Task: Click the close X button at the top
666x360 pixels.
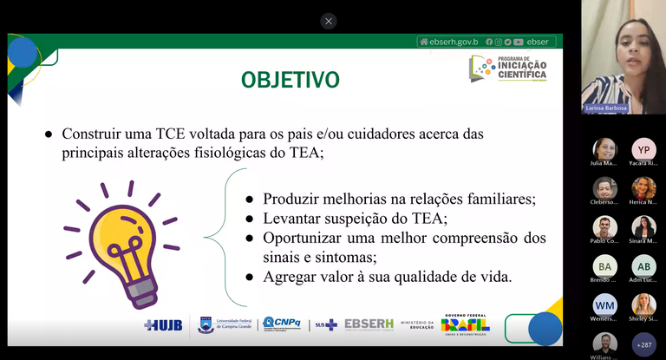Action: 328,21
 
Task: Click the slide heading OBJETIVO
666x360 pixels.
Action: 290,81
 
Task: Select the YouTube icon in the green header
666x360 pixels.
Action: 518,42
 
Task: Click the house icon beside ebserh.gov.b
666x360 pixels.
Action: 424,42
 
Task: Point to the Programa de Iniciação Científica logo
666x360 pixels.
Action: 509,69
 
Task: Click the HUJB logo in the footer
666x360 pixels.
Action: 164,324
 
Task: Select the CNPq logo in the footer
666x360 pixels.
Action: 282,324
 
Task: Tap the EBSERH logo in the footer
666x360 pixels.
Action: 369,324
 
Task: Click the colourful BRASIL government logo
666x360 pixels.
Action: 465,324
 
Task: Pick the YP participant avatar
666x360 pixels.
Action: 643,149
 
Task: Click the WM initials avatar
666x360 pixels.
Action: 605,305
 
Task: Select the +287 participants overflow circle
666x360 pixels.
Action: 643,344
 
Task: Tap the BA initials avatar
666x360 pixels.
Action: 605,266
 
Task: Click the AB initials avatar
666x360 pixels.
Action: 643,266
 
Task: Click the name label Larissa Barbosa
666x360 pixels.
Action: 604,109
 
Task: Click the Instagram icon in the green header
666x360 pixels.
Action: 498,42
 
